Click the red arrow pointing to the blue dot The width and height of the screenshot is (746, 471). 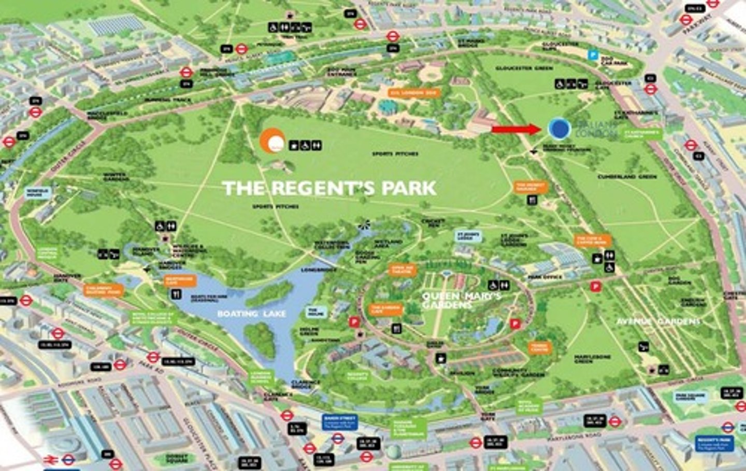point(515,129)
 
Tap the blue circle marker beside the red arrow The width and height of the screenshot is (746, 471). point(559,129)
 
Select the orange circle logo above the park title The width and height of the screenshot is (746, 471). point(272,141)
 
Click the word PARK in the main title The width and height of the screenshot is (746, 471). point(409,188)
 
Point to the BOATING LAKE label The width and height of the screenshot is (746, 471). point(251,314)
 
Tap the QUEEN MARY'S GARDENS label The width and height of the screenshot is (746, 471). point(461,300)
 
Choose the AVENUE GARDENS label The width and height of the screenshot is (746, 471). point(658,321)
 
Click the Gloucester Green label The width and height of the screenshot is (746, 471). point(524,68)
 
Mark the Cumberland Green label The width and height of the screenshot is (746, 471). point(627,176)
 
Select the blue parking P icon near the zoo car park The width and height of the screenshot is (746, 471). point(593,54)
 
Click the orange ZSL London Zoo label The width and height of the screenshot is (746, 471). point(414,93)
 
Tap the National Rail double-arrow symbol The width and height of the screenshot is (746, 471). point(50,459)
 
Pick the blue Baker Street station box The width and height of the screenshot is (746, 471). point(340,421)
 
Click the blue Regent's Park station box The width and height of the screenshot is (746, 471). point(714,443)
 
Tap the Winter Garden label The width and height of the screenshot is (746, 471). point(116,177)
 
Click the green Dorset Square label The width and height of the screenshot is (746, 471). point(177,458)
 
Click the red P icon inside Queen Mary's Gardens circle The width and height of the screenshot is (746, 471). point(514,323)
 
